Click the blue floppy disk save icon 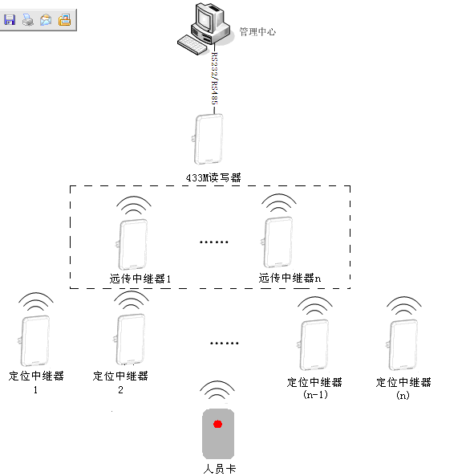coord(10,20)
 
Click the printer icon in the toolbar coord(28,20)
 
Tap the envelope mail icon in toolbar coord(46,20)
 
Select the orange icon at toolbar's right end coord(65,20)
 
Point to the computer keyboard coord(192,45)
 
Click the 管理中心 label coord(257,31)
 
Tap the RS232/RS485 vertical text coord(214,79)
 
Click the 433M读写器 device coord(209,140)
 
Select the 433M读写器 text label coord(213,177)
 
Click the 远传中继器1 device coord(132,244)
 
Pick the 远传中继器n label coord(290,278)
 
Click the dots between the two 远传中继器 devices coord(214,242)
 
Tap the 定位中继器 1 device coord(34,340)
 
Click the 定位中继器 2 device coord(130,339)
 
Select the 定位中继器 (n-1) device coord(314,345)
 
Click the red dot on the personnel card coord(217,424)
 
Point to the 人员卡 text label coord(220,469)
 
